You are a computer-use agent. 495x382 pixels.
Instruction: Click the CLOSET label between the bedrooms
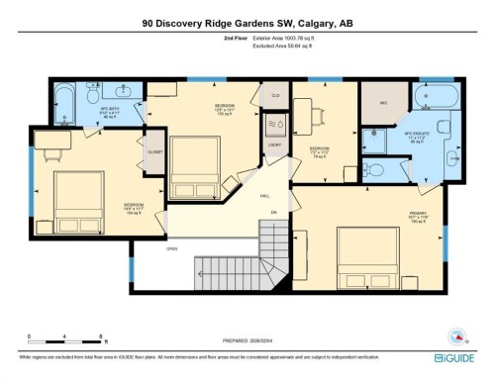(155, 152)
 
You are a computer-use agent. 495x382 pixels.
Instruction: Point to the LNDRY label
(274, 145)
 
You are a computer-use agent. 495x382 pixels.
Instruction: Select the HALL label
(264, 196)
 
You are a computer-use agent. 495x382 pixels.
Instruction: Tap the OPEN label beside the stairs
(171, 248)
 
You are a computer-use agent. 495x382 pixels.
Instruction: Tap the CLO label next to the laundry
(274, 96)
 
